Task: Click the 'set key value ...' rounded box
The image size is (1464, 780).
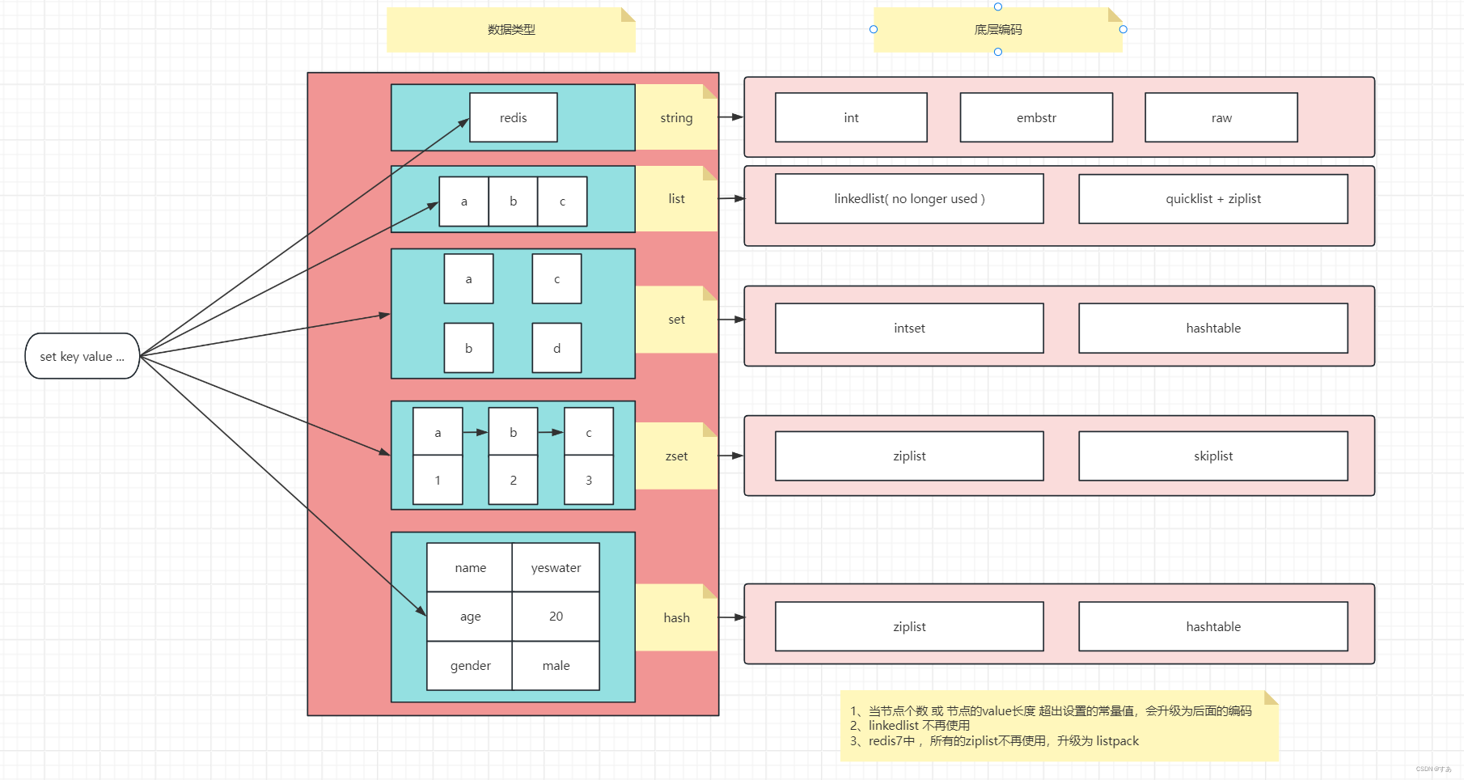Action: click(x=82, y=356)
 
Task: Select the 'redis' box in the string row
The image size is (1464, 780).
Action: click(x=513, y=118)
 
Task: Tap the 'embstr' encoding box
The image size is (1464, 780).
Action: click(x=1036, y=118)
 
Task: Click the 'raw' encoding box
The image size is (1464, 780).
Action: click(x=1221, y=118)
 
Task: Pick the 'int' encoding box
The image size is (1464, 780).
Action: click(x=851, y=118)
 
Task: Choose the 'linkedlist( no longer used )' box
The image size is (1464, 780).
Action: click(x=909, y=199)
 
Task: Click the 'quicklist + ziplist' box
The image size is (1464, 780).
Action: click(x=1212, y=199)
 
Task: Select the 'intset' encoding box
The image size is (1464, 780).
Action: click(x=909, y=329)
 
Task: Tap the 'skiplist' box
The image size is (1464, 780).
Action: click(x=1212, y=456)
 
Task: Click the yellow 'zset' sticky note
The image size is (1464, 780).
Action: click(x=676, y=456)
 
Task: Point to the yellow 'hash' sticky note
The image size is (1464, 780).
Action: click(x=676, y=618)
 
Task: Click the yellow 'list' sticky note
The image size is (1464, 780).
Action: click(x=676, y=199)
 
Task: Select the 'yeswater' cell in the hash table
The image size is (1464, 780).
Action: click(x=556, y=568)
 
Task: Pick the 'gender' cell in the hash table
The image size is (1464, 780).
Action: click(x=470, y=666)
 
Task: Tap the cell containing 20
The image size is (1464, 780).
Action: click(x=556, y=617)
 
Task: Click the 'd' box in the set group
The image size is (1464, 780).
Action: click(x=556, y=349)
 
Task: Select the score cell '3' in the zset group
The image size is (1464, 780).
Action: click(x=588, y=481)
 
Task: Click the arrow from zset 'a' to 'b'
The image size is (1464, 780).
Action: click(x=476, y=433)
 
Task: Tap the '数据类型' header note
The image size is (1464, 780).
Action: click(x=511, y=30)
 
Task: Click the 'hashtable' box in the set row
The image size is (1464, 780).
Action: click(x=1212, y=329)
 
